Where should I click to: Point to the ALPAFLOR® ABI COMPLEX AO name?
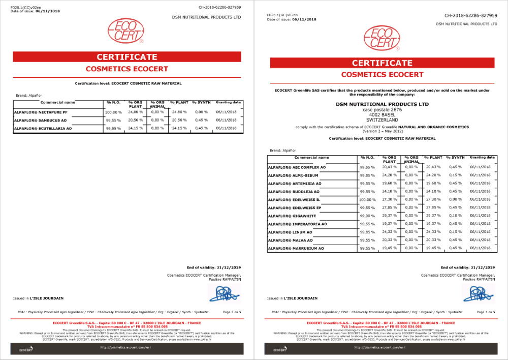pyautogui.click(x=295, y=167)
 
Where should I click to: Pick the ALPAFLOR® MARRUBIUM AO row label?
pyautogui.click(x=296, y=248)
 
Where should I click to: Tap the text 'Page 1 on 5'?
pyautogui.click(x=487, y=312)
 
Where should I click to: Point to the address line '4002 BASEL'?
pyautogui.click(x=382, y=114)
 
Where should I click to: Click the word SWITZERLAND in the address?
pyautogui.click(x=382, y=120)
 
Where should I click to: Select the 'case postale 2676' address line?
pyautogui.click(x=382, y=109)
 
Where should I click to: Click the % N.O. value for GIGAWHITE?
pyautogui.click(x=367, y=216)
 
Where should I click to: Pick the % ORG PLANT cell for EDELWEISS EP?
pyautogui.click(x=389, y=207)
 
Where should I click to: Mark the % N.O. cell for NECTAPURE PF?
pyautogui.click(x=113, y=112)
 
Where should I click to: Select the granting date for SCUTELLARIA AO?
pyautogui.click(x=227, y=129)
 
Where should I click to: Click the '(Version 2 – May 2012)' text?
pyautogui.click(x=382, y=131)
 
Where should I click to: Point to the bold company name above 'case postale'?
pyautogui.click(x=382, y=104)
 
